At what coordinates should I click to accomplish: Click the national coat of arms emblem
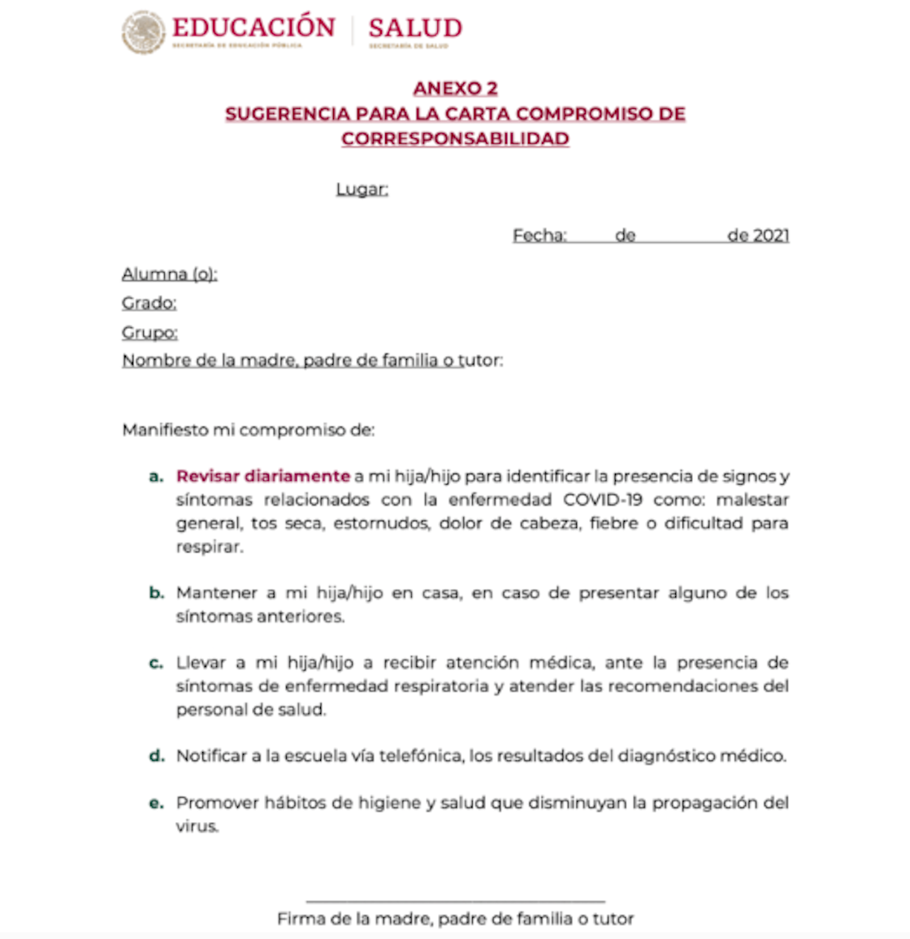pos(143,32)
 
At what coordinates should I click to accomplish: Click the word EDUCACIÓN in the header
pos(253,28)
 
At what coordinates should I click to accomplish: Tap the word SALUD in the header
pos(414,28)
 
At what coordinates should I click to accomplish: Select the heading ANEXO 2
pos(455,89)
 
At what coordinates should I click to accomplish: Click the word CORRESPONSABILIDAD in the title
pos(455,139)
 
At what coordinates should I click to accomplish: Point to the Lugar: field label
pos(362,189)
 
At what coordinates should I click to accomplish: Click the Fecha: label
pos(539,236)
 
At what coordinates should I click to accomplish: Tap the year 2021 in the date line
pos(771,236)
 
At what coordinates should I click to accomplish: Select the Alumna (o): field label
pos(170,274)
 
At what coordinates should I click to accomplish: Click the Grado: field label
pos(149,303)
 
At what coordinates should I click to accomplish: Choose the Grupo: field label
pos(150,332)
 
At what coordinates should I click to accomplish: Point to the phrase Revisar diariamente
pos(263,476)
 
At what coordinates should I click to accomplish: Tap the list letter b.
pos(156,593)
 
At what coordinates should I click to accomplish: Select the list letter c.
pos(156,663)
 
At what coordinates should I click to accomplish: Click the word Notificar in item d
pos(211,756)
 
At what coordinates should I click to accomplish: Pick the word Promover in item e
pos(213,803)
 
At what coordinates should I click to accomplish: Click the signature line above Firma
pos(455,901)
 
